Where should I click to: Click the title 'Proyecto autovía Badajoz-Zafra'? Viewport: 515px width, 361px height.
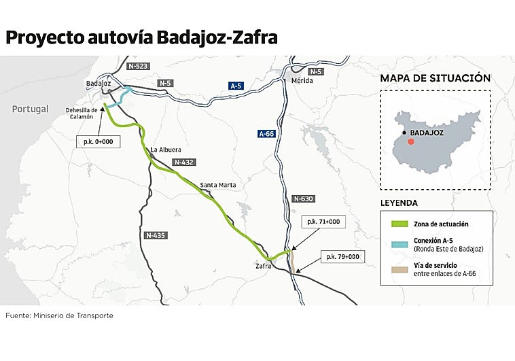(x=141, y=37)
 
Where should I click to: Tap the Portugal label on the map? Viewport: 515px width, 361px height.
(x=30, y=109)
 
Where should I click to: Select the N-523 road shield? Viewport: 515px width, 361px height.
(x=138, y=66)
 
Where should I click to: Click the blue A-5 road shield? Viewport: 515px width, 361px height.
(x=236, y=86)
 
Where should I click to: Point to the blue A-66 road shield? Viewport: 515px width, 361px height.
(x=266, y=134)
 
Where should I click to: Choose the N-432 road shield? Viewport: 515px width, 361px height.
(x=183, y=162)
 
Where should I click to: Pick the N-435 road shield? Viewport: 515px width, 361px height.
(x=156, y=235)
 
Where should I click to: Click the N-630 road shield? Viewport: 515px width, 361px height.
(x=303, y=199)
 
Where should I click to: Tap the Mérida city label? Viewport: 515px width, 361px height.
(x=302, y=80)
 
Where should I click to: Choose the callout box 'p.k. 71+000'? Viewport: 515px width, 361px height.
(x=323, y=222)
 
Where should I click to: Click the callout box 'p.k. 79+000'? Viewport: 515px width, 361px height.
(x=342, y=256)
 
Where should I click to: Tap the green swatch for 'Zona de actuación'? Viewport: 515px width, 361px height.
(x=398, y=224)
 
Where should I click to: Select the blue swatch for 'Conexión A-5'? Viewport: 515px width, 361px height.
(x=398, y=244)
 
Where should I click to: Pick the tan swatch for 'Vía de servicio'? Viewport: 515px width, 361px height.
(x=398, y=270)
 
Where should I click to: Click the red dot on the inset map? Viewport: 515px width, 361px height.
(x=410, y=142)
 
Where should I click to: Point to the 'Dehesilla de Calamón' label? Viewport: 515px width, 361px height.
(x=82, y=113)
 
